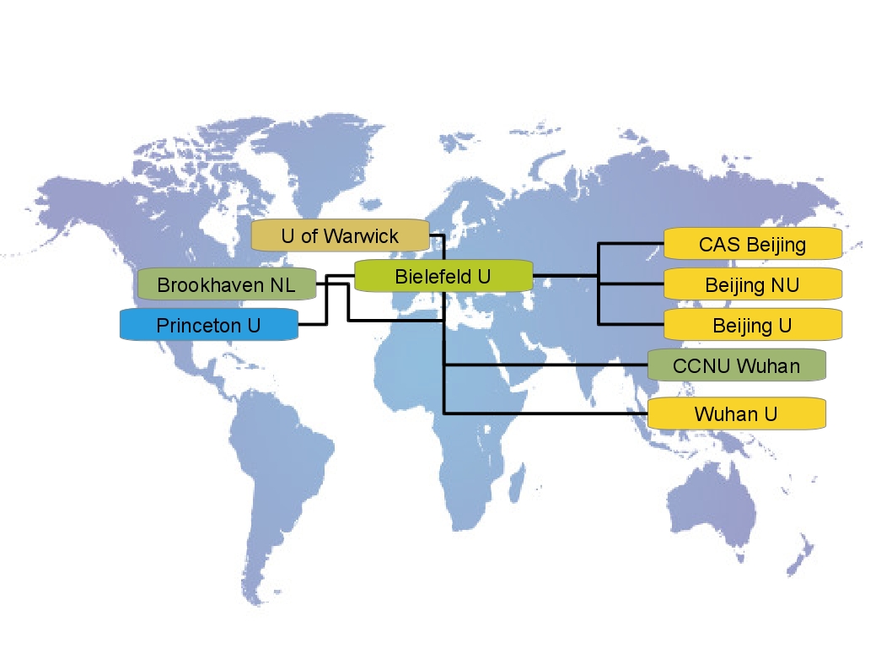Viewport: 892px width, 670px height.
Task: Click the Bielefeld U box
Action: pos(443,276)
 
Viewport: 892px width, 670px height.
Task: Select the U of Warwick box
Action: pos(340,235)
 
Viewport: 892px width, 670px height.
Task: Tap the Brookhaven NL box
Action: pos(226,285)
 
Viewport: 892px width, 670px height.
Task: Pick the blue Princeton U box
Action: pos(209,325)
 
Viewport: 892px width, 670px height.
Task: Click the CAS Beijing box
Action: pos(752,244)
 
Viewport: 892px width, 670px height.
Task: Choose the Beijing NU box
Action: pos(752,284)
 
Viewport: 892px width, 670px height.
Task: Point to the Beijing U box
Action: pos(752,325)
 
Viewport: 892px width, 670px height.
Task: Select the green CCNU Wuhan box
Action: pos(736,365)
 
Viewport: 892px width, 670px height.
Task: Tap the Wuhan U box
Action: pos(736,413)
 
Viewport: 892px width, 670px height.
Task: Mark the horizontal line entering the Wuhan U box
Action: pos(548,413)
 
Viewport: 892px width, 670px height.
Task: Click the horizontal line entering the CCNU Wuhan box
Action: pos(548,365)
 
